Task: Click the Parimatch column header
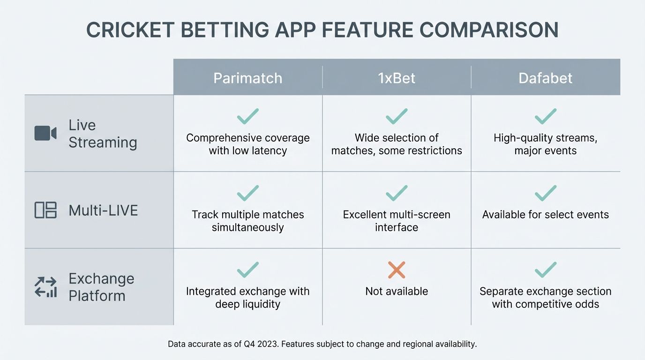coord(247,77)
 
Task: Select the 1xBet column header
coord(397,77)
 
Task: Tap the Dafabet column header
coord(545,77)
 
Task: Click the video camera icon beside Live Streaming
coord(45,133)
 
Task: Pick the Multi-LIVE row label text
coord(103,210)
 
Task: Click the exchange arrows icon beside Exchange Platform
coord(45,287)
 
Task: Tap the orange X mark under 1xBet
coord(397,270)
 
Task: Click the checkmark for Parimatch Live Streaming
coord(247,116)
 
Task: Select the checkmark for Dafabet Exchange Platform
coord(545,270)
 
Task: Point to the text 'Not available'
coord(397,291)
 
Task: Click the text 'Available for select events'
coord(545,215)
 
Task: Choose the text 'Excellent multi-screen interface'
coord(397,221)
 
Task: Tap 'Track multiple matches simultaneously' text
coord(247,221)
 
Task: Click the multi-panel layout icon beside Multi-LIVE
coord(45,210)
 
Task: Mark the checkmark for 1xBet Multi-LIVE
coord(397,193)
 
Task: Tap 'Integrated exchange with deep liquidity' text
coord(247,298)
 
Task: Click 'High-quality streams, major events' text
coord(545,144)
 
